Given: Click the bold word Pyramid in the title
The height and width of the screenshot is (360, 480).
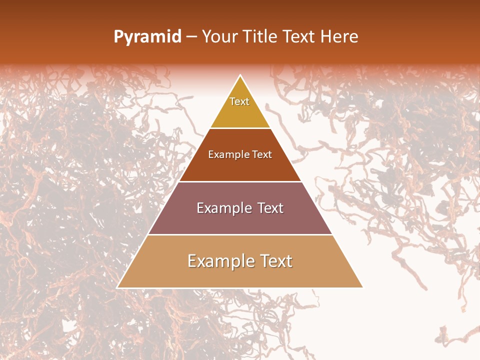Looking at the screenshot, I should (147, 37).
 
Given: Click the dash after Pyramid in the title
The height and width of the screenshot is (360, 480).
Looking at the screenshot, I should (191, 37).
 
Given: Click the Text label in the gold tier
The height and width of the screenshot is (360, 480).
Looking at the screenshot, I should (239, 101).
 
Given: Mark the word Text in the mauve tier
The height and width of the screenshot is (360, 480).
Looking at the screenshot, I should (271, 208).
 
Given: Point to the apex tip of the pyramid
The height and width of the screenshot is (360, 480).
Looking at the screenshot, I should (240, 76).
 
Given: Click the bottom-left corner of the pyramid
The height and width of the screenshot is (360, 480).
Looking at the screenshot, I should (118, 287).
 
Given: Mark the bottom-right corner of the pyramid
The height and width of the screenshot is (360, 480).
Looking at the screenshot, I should (362, 287).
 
